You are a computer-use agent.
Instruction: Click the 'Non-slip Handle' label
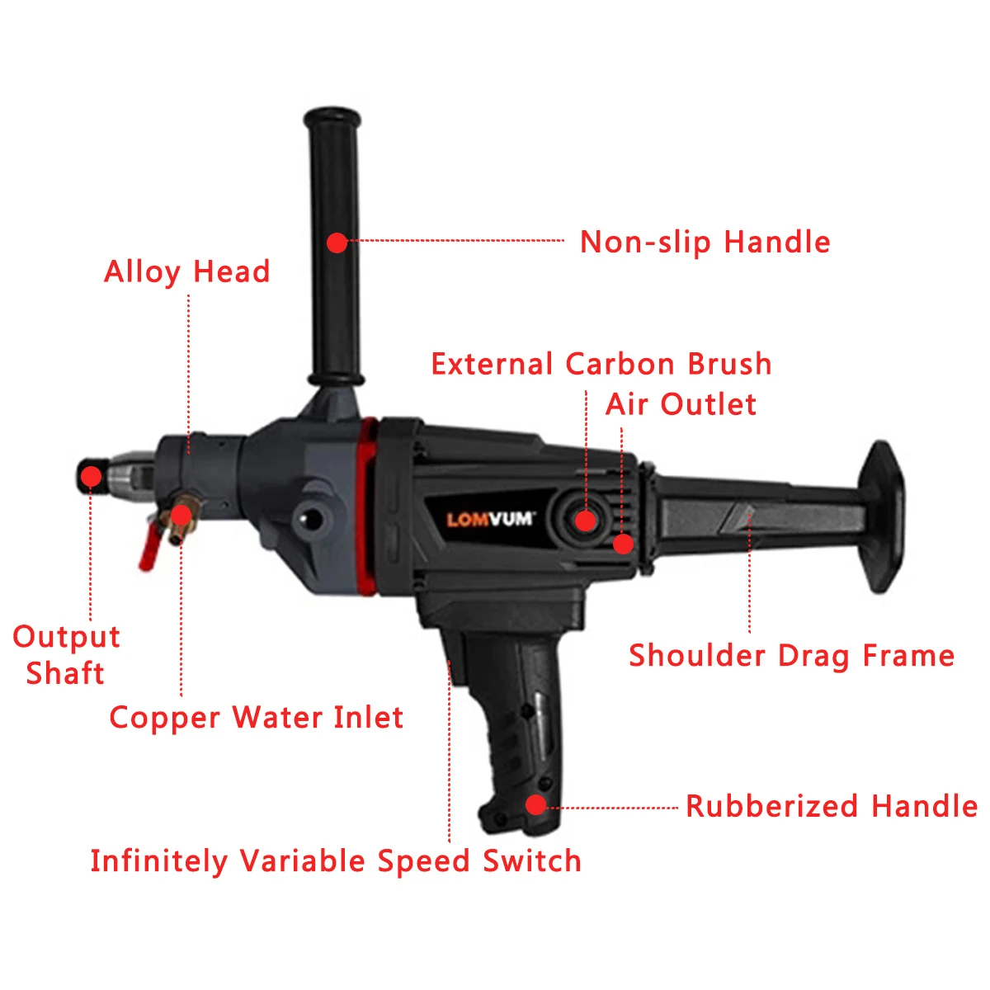pyautogui.click(x=705, y=242)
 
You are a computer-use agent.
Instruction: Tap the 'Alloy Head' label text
pyautogui.click(x=187, y=271)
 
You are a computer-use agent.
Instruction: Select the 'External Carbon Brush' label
pyautogui.click(x=601, y=364)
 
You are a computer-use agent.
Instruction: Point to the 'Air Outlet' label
pyautogui.click(x=681, y=404)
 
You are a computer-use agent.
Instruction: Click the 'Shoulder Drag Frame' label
pyautogui.click(x=791, y=656)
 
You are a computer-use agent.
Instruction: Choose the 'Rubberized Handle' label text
pyautogui.click(x=832, y=806)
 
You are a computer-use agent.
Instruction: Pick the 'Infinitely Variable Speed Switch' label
pyautogui.click(x=336, y=861)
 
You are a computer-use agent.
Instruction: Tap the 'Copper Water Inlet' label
pyautogui.click(x=256, y=718)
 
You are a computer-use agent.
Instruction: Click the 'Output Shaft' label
pyautogui.click(x=66, y=655)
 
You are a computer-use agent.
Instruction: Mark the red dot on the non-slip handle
pyautogui.click(x=337, y=243)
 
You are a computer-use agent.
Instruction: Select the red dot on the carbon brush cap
pyautogui.click(x=585, y=521)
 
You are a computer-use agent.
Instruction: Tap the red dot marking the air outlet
pyautogui.click(x=623, y=544)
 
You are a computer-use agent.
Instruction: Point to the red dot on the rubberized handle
pyautogui.click(x=536, y=804)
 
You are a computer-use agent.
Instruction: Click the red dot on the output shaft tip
pyautogui.click(x=92, y=476)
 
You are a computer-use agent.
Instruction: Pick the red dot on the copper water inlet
pyautogui.click(x=181, y=516)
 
